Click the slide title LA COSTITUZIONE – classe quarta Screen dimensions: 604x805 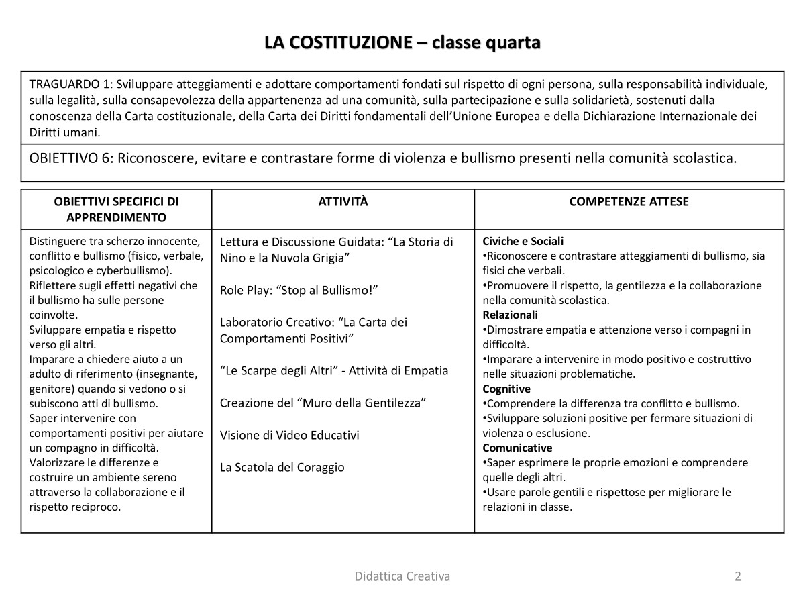[x=402, y=43]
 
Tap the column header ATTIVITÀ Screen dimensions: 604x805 [x=343, y=202]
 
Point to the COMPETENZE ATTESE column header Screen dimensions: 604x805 [x=629, y=202]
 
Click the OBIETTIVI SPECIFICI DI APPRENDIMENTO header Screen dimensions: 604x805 [x=116, y=209]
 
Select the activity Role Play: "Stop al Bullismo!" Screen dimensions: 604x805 [x=299, y=290]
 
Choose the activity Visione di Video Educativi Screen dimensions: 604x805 [x=289, y=435]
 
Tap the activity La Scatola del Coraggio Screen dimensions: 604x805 [x=282, y=467]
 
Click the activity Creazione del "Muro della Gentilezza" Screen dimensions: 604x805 [x=323, y=403]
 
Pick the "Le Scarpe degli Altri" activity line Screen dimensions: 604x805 [x=334, y=370]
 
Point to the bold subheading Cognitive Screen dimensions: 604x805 [x=506, y=389]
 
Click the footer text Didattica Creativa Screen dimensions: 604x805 [x=402, y=576]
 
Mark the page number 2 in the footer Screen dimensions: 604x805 [x=738, y=576]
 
